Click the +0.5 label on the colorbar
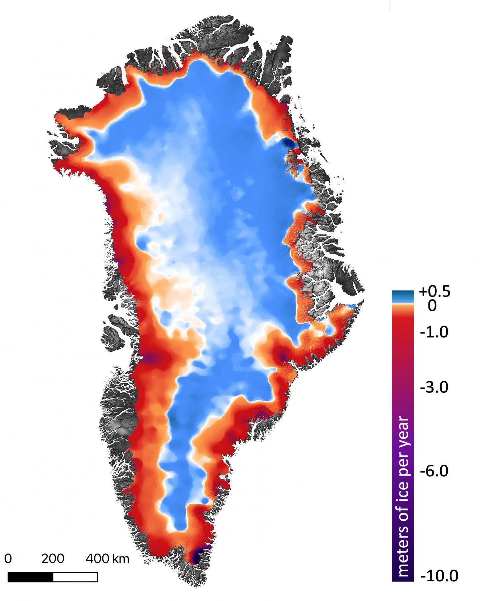tap(435, 292)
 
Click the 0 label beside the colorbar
tap(432, 305)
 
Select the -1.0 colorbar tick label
tap(434, 332)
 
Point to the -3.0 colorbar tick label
tap(434, 387)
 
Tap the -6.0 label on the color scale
tap(434, 471)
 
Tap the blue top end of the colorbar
tap(402, 295)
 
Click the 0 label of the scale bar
tap(8, 559)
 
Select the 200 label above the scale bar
tap(53, 559)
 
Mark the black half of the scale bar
tap(30, 577)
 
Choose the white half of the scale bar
tap(75, 577)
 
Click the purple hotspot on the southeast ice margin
tap(283, 357)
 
